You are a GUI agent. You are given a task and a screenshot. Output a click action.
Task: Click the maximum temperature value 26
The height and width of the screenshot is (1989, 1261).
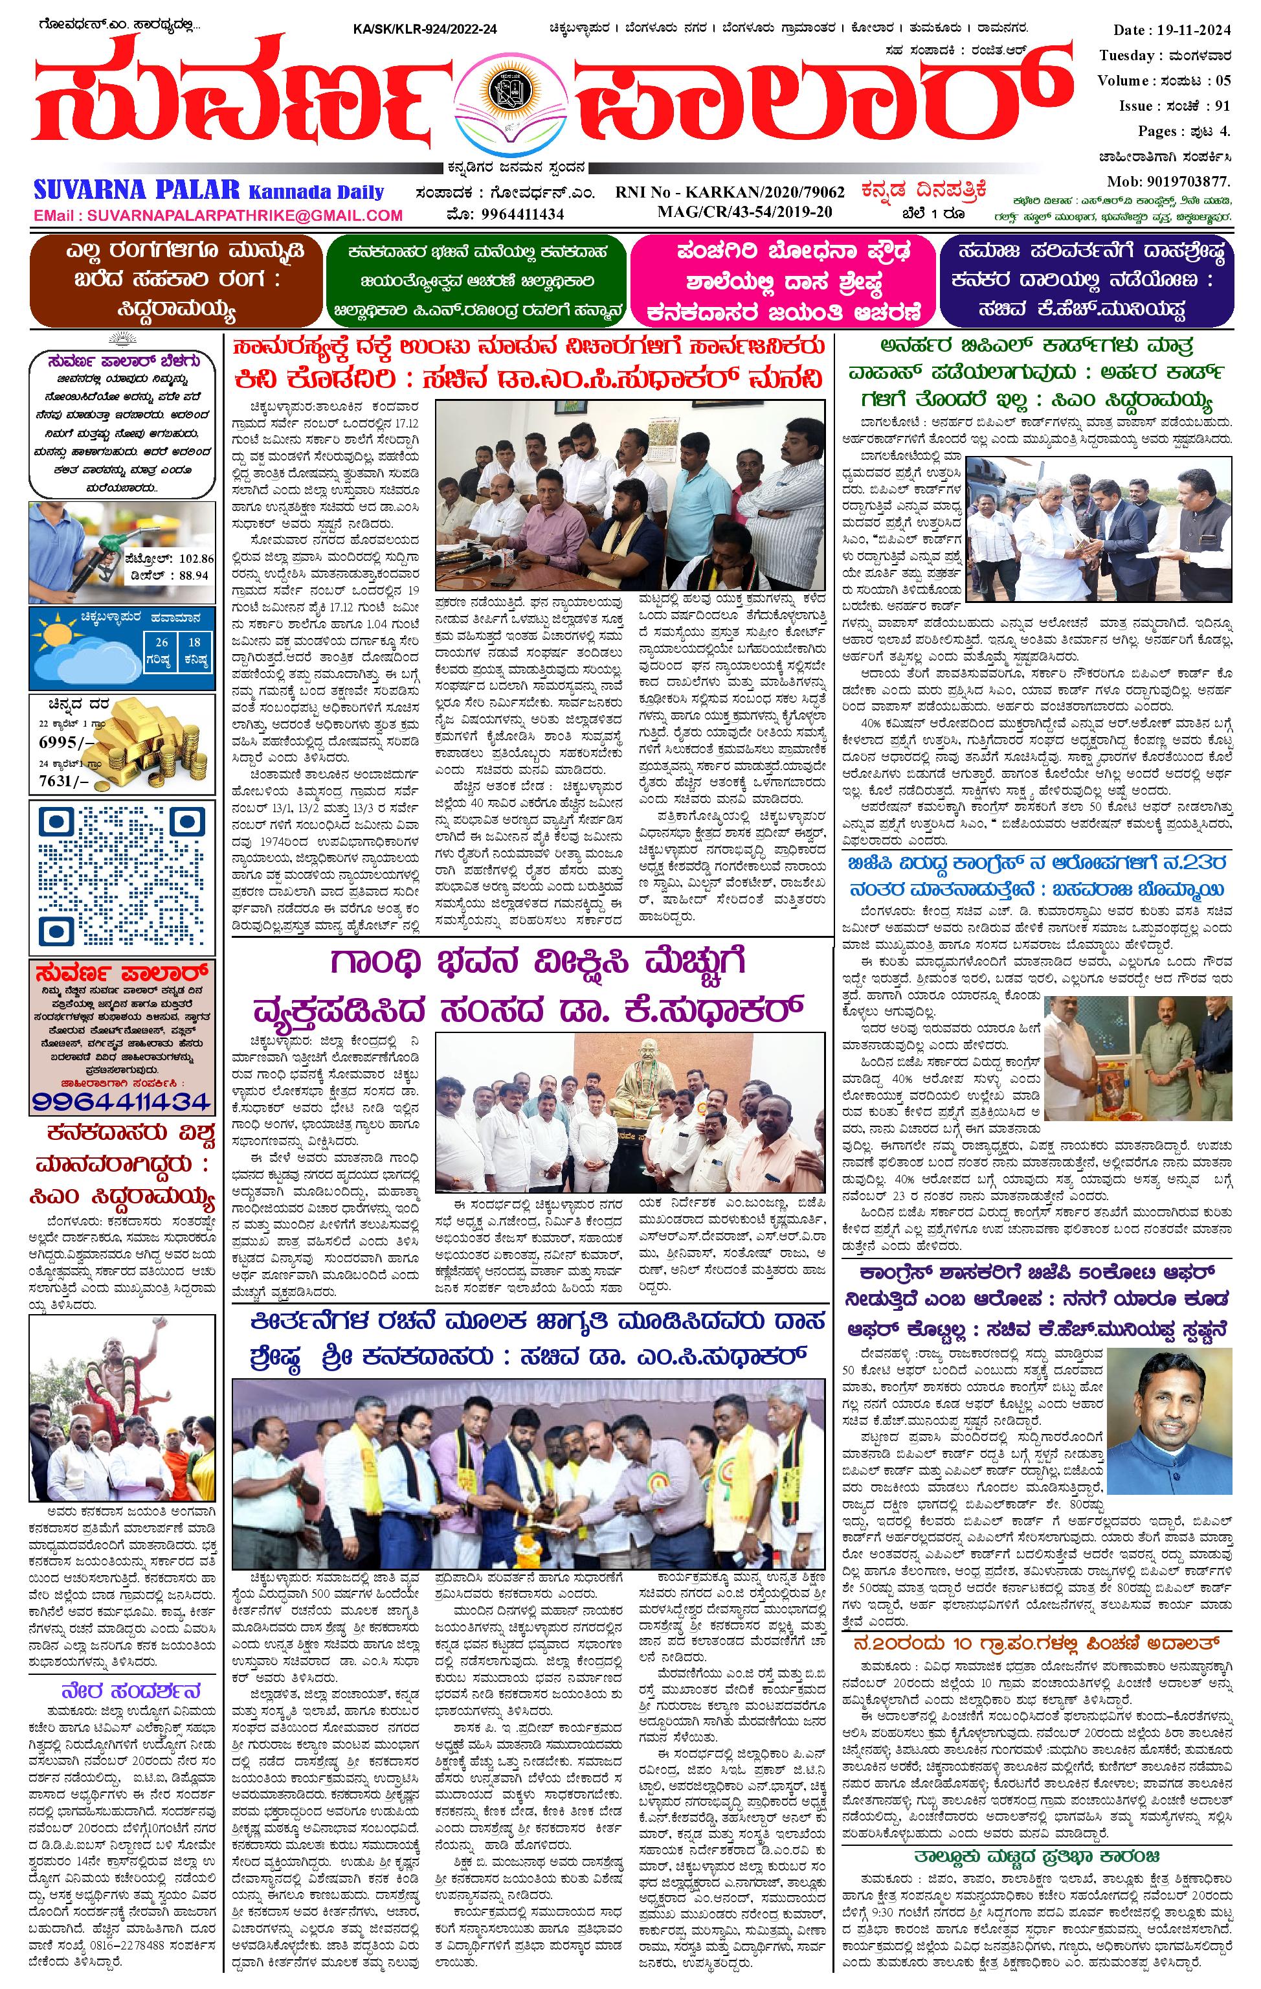pyautogui.click(x=162, y=642)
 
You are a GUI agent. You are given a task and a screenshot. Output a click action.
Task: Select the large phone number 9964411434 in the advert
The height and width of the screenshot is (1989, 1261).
pyautogui.click(x=122, y=1101)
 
